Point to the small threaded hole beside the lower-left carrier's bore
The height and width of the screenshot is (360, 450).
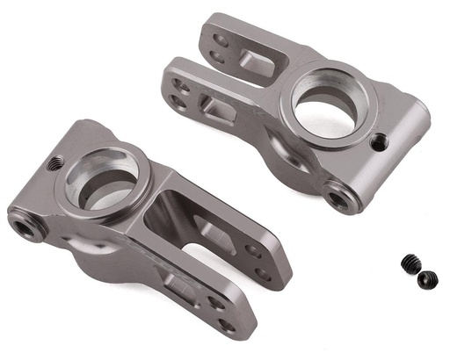coord(53,162)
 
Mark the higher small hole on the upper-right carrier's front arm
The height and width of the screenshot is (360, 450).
coord(181,85)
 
